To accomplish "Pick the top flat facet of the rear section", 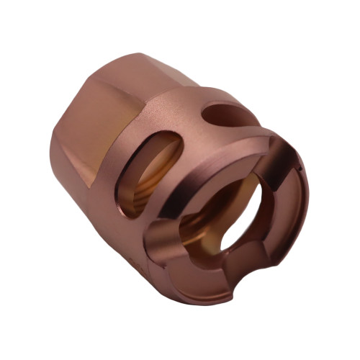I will (122, 79).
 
